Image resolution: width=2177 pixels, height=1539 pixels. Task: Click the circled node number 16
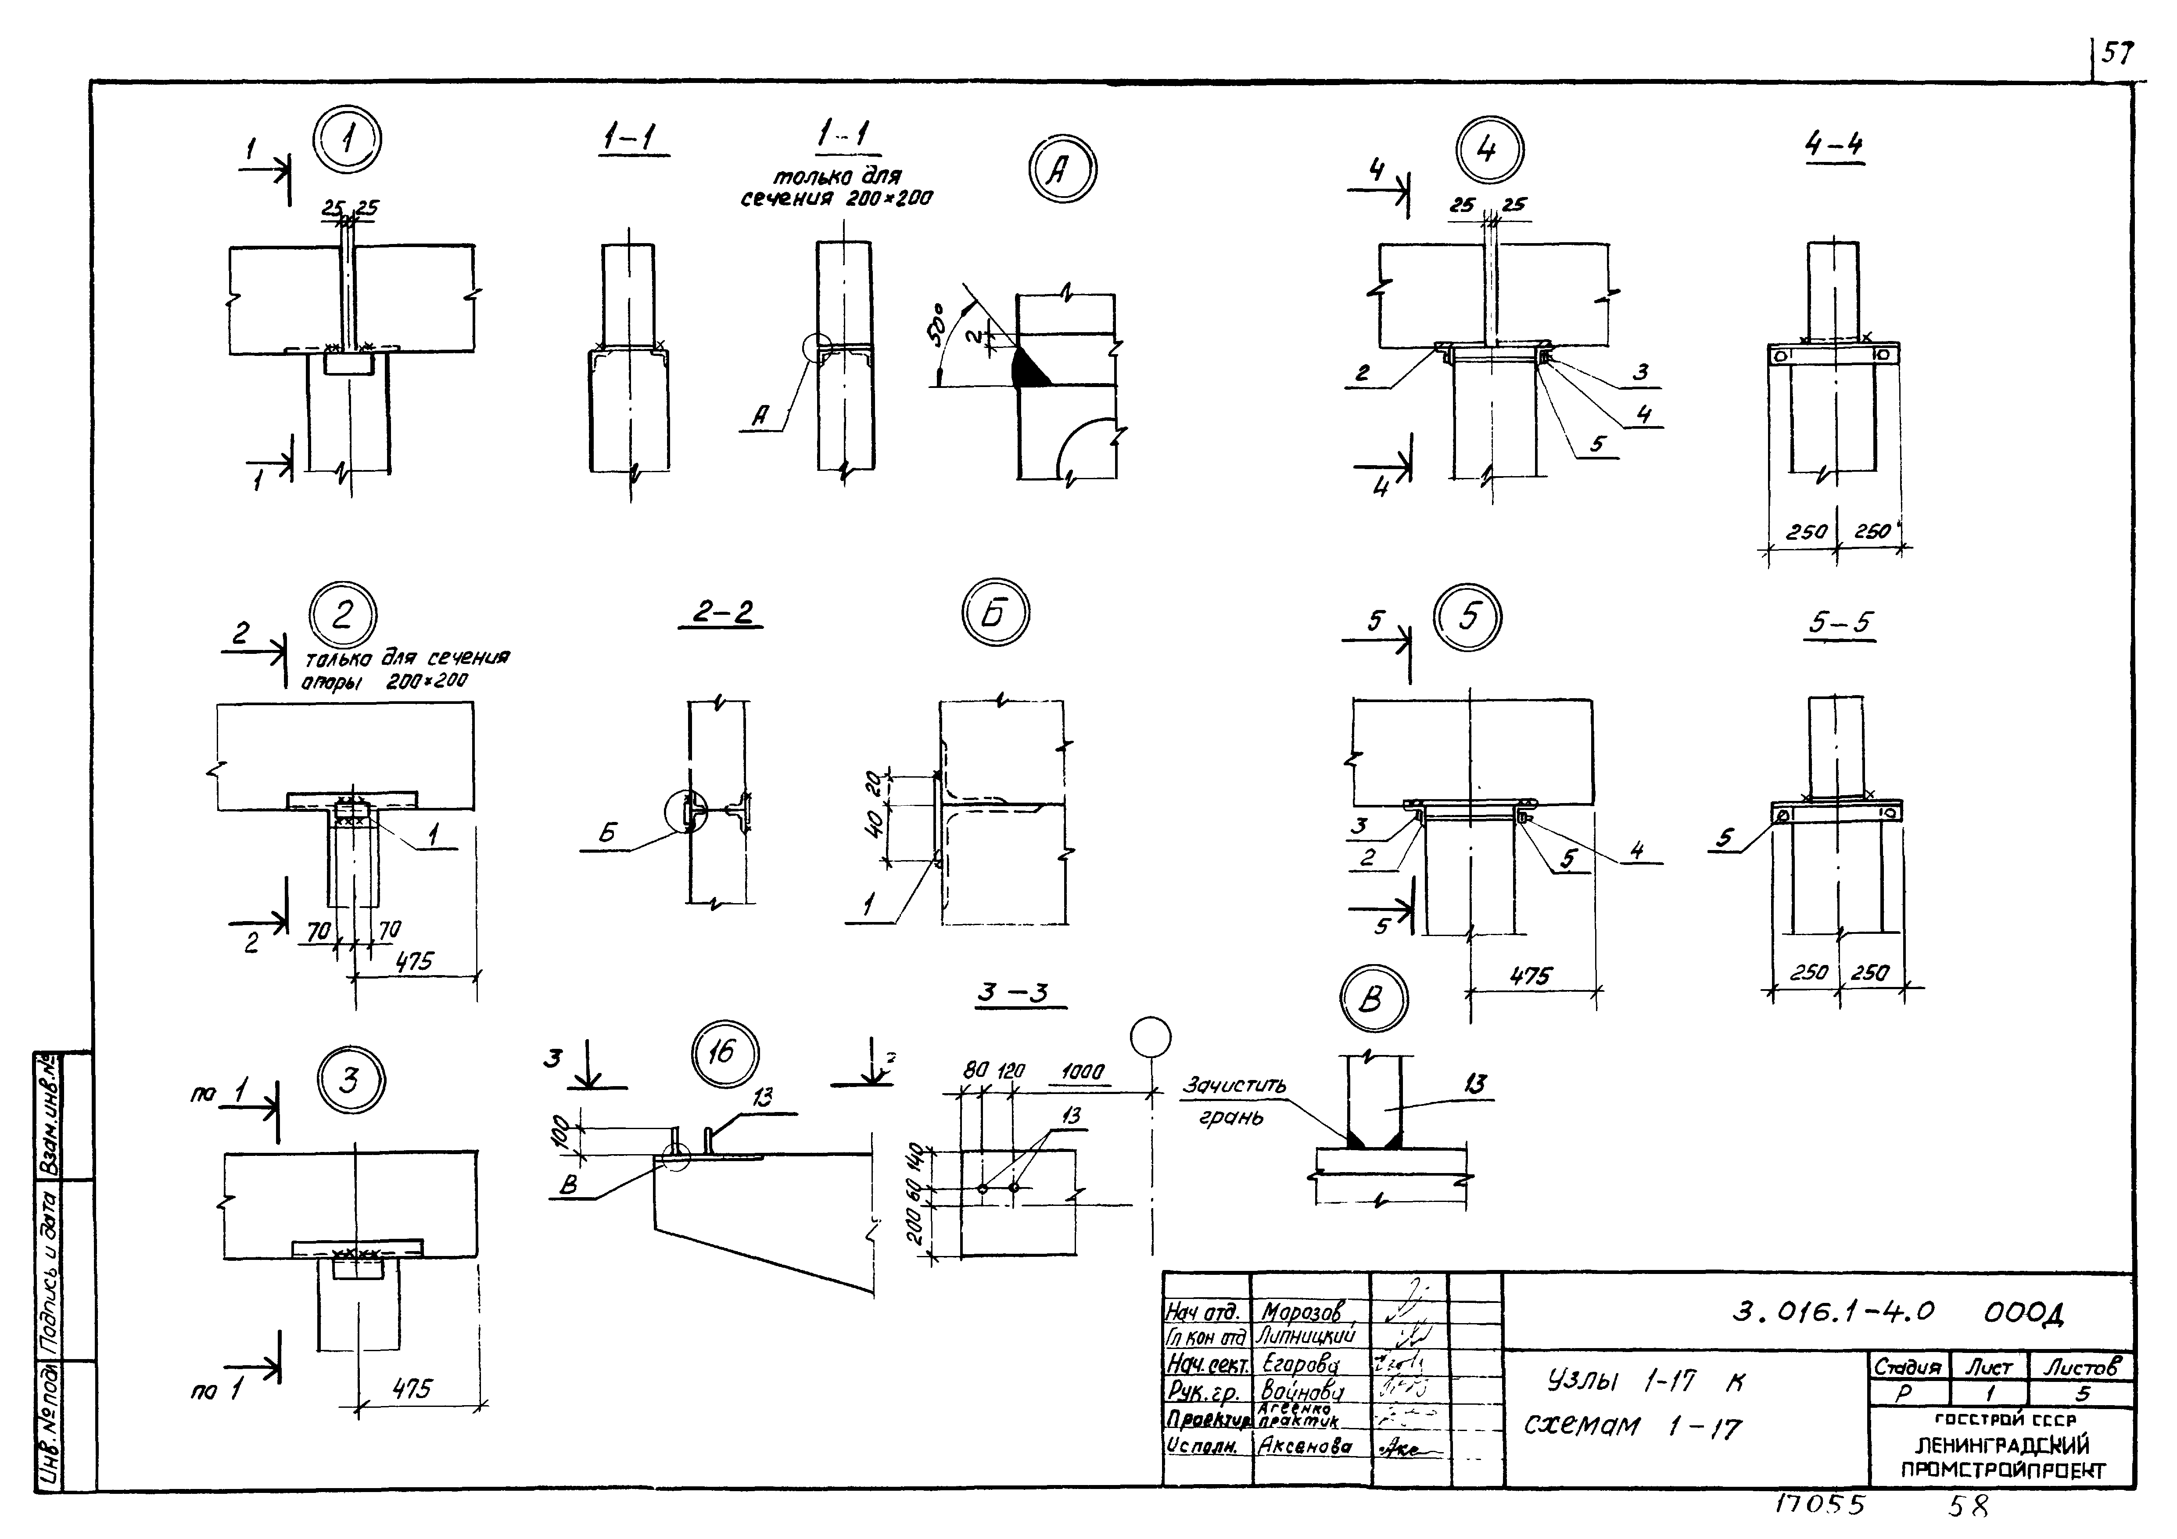(725, 1053)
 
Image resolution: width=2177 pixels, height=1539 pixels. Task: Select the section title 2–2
(721, 613)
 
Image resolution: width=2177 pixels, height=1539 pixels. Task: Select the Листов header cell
(2081, 1367)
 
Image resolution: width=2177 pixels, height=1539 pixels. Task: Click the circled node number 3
(350, 1081)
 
